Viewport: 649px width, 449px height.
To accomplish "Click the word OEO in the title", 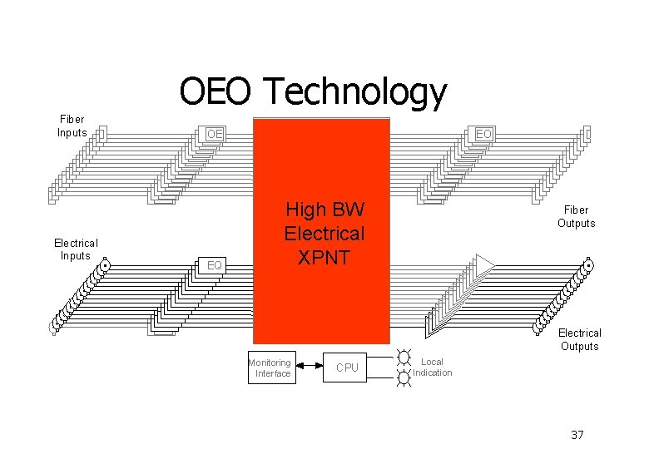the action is pyautogui.click(x=214, y=92).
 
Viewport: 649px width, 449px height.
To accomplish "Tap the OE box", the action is pyautogui.click(x=216, y=134).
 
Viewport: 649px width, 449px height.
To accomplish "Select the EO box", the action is pyautogui.click(x=483, y=133).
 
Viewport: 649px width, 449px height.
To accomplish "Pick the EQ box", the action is pyautogui.click(x=215, y=265).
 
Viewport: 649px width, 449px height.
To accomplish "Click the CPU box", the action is pyautogui.click(x=347, y=368).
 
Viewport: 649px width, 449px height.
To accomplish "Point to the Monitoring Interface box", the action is pyautogui.click(x=270, y=368).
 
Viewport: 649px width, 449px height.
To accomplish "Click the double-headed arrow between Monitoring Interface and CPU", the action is pyautogui.click(x=309, y=367).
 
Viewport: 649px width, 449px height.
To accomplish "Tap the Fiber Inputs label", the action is pyautogui.click(x=72, y=126).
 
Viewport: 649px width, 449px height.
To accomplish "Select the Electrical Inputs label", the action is pyautogui.click(x=76, y=249).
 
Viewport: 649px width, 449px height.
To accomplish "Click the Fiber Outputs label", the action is pyautogui.click(x=577, y=217).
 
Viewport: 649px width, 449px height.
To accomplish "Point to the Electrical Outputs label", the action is pyautogui.click(x=579, y=339).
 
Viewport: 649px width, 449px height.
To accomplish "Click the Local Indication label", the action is pyautogui.click(x=433, y=367).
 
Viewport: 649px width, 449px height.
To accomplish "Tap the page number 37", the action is pyautogui.click(x=578, y=435).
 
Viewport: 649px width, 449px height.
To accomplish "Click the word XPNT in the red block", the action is pyautogui.click(x=324, y=257).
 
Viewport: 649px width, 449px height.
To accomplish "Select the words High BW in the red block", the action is pyautogui.click(x=324, y=210).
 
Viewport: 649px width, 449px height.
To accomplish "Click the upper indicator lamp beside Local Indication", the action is pyautogui.click(x=404, y=358).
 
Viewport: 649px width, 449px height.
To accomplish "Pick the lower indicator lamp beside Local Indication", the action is pyautogui.click(x=404, y=377).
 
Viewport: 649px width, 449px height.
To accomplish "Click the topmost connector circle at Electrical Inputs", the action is pyautogui.click(x=105, y=266).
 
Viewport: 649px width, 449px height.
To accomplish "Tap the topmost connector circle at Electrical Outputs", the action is pyautogui.click(x=588, y=266).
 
